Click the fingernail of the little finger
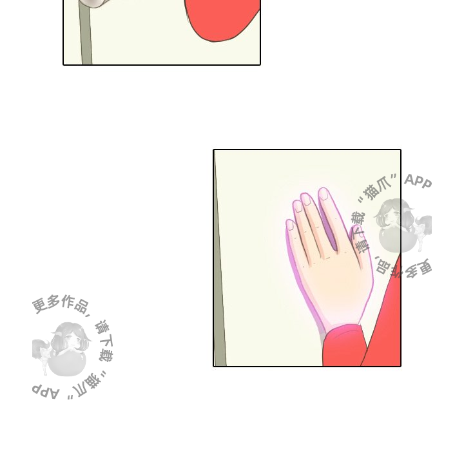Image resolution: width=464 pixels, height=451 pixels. coord(290,225)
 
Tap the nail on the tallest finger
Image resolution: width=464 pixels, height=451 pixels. coord(324,193)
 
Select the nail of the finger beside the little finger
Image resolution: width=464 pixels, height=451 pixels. coord(297,206)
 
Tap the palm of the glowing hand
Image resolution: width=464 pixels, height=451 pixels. coord(334,284)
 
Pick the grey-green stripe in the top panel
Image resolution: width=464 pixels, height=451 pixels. coord(85,33)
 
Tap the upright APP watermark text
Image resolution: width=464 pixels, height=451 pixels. coord(418,181)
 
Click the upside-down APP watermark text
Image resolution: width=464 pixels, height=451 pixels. coord(45,391)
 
